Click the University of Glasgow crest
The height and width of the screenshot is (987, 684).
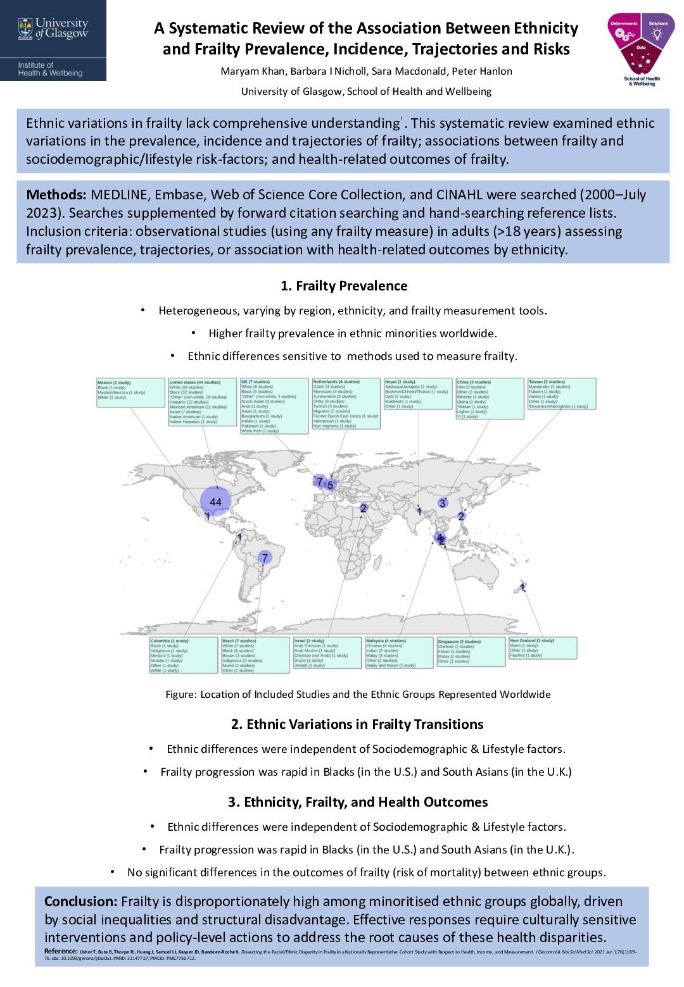pyautogui.click(x=25, y=28)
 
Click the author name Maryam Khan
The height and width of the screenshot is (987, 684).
pyautogui.click(x=250, y=71)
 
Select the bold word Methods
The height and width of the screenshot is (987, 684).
pyautogui.click(x=56, y=195)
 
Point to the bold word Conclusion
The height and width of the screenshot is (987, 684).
pyautogui.click(x=80, y=902)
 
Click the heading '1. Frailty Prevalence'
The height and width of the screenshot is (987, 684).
pyautogui.click(x=344, y=286)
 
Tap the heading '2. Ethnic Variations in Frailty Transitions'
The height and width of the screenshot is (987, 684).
pyautogui.click(x=357, y=724)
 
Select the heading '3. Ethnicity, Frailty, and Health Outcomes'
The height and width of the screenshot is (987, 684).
pyautogui.click(x=358, y=802)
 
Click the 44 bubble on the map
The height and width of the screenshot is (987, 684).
pyautogui.click(x=215, y=502)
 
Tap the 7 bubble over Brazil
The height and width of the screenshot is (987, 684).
pyautogui.click(x=265, y=557)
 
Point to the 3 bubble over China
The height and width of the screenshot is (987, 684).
pyautogui.click(x=442, y=503)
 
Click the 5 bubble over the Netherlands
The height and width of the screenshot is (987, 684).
pyautogui.click(x=330, y=485)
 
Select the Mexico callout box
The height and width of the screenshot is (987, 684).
pyautogui.click(x=130, y=392)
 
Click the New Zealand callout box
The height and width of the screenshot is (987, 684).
pyautogui.click(x=543, y=648)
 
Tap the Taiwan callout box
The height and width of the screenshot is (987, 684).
pyautogui.click(x=562, y=394)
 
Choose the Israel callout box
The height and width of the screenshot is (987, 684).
pyautogui.click(x=327, y=653)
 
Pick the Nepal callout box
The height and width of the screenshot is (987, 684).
pyautogui.click(x=418, y=394)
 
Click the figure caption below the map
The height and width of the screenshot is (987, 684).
pyautogui.click(x=358, y=694)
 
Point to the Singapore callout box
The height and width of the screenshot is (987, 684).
pyautogui.click(x=471, y=652)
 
